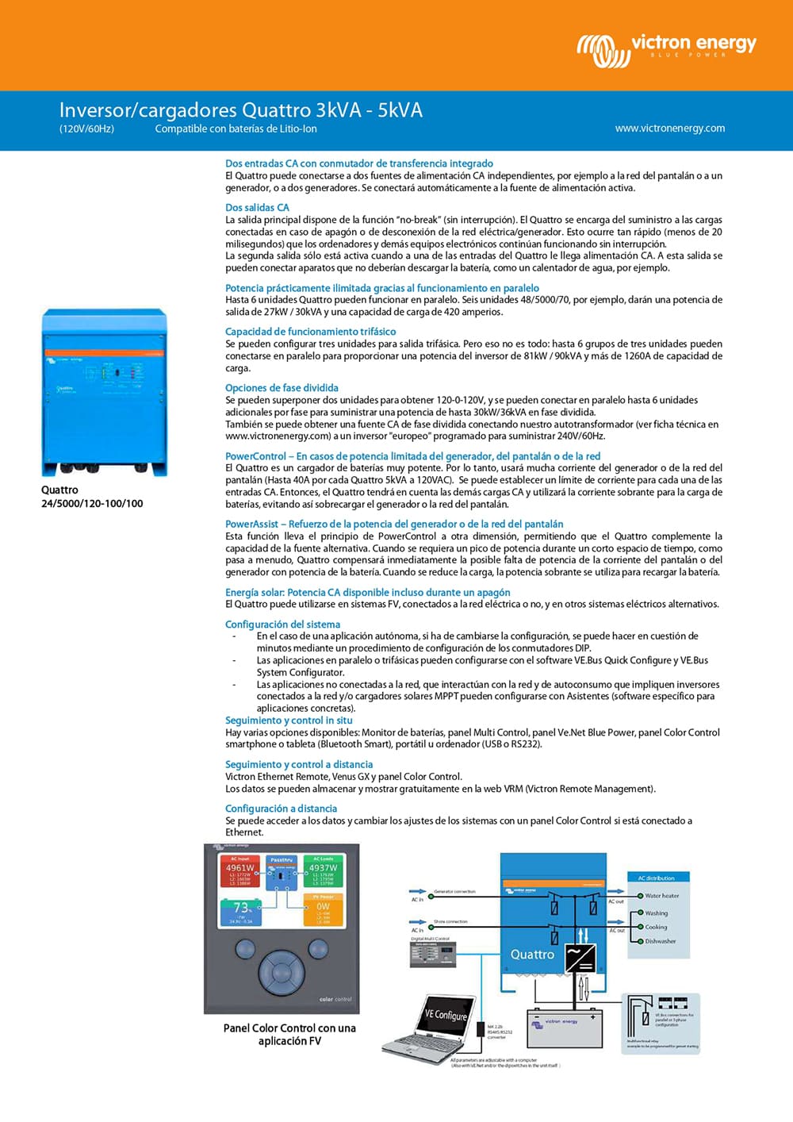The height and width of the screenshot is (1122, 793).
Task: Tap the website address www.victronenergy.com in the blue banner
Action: [669, 128]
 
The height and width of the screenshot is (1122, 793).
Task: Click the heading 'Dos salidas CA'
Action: [257, 207]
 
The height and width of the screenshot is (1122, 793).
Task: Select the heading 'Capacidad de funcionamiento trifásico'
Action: [310, 332]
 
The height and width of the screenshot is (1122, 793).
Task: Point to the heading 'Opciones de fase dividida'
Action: [282, 388]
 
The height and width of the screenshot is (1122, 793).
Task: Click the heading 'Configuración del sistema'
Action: [282, 624]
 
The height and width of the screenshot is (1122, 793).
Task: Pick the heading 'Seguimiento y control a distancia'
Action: [298, 764]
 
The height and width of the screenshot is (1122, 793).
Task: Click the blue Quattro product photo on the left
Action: [104, 392]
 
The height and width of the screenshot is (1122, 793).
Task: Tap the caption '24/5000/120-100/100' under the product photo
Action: [92, 503]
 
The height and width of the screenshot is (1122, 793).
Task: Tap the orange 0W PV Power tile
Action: [323, 909]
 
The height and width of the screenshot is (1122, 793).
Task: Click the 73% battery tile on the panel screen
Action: [239, 911]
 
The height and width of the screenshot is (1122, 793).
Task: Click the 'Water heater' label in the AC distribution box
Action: [661, 896]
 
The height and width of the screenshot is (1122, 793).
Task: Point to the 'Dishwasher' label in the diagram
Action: [660, 942]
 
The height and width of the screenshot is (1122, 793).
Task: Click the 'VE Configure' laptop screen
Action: [445, 1015]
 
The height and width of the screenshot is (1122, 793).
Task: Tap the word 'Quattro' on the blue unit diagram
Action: [532, 955]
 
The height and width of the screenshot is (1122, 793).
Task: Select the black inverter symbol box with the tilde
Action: [580, 958]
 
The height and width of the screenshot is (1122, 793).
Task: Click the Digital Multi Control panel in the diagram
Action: [432, 953]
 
